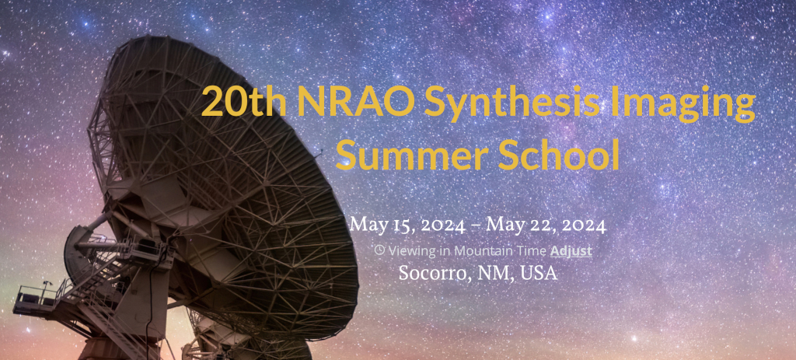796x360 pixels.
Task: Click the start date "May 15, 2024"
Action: click(407, 225)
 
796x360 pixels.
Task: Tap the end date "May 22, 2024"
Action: click(546, 225)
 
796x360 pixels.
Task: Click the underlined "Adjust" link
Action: click(571, 251)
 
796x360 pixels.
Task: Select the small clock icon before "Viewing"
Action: click(379, 250)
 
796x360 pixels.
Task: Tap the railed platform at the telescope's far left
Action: click(36, 299)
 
